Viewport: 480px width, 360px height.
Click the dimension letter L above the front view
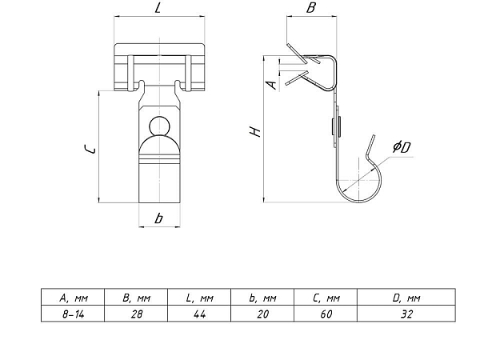pos(158,8)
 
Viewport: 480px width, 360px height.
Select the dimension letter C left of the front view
pos(90,150)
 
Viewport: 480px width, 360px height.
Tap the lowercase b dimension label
pos(158,218)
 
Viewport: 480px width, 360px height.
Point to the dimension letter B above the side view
pos(310,8)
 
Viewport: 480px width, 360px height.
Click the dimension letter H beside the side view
pos(255,131)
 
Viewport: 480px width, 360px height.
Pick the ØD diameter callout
pos(402,147)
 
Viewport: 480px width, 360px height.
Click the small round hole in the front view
pos(159,126)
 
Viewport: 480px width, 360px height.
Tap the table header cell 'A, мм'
pos(73,298)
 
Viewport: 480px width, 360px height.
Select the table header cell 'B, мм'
pos(136,298)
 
